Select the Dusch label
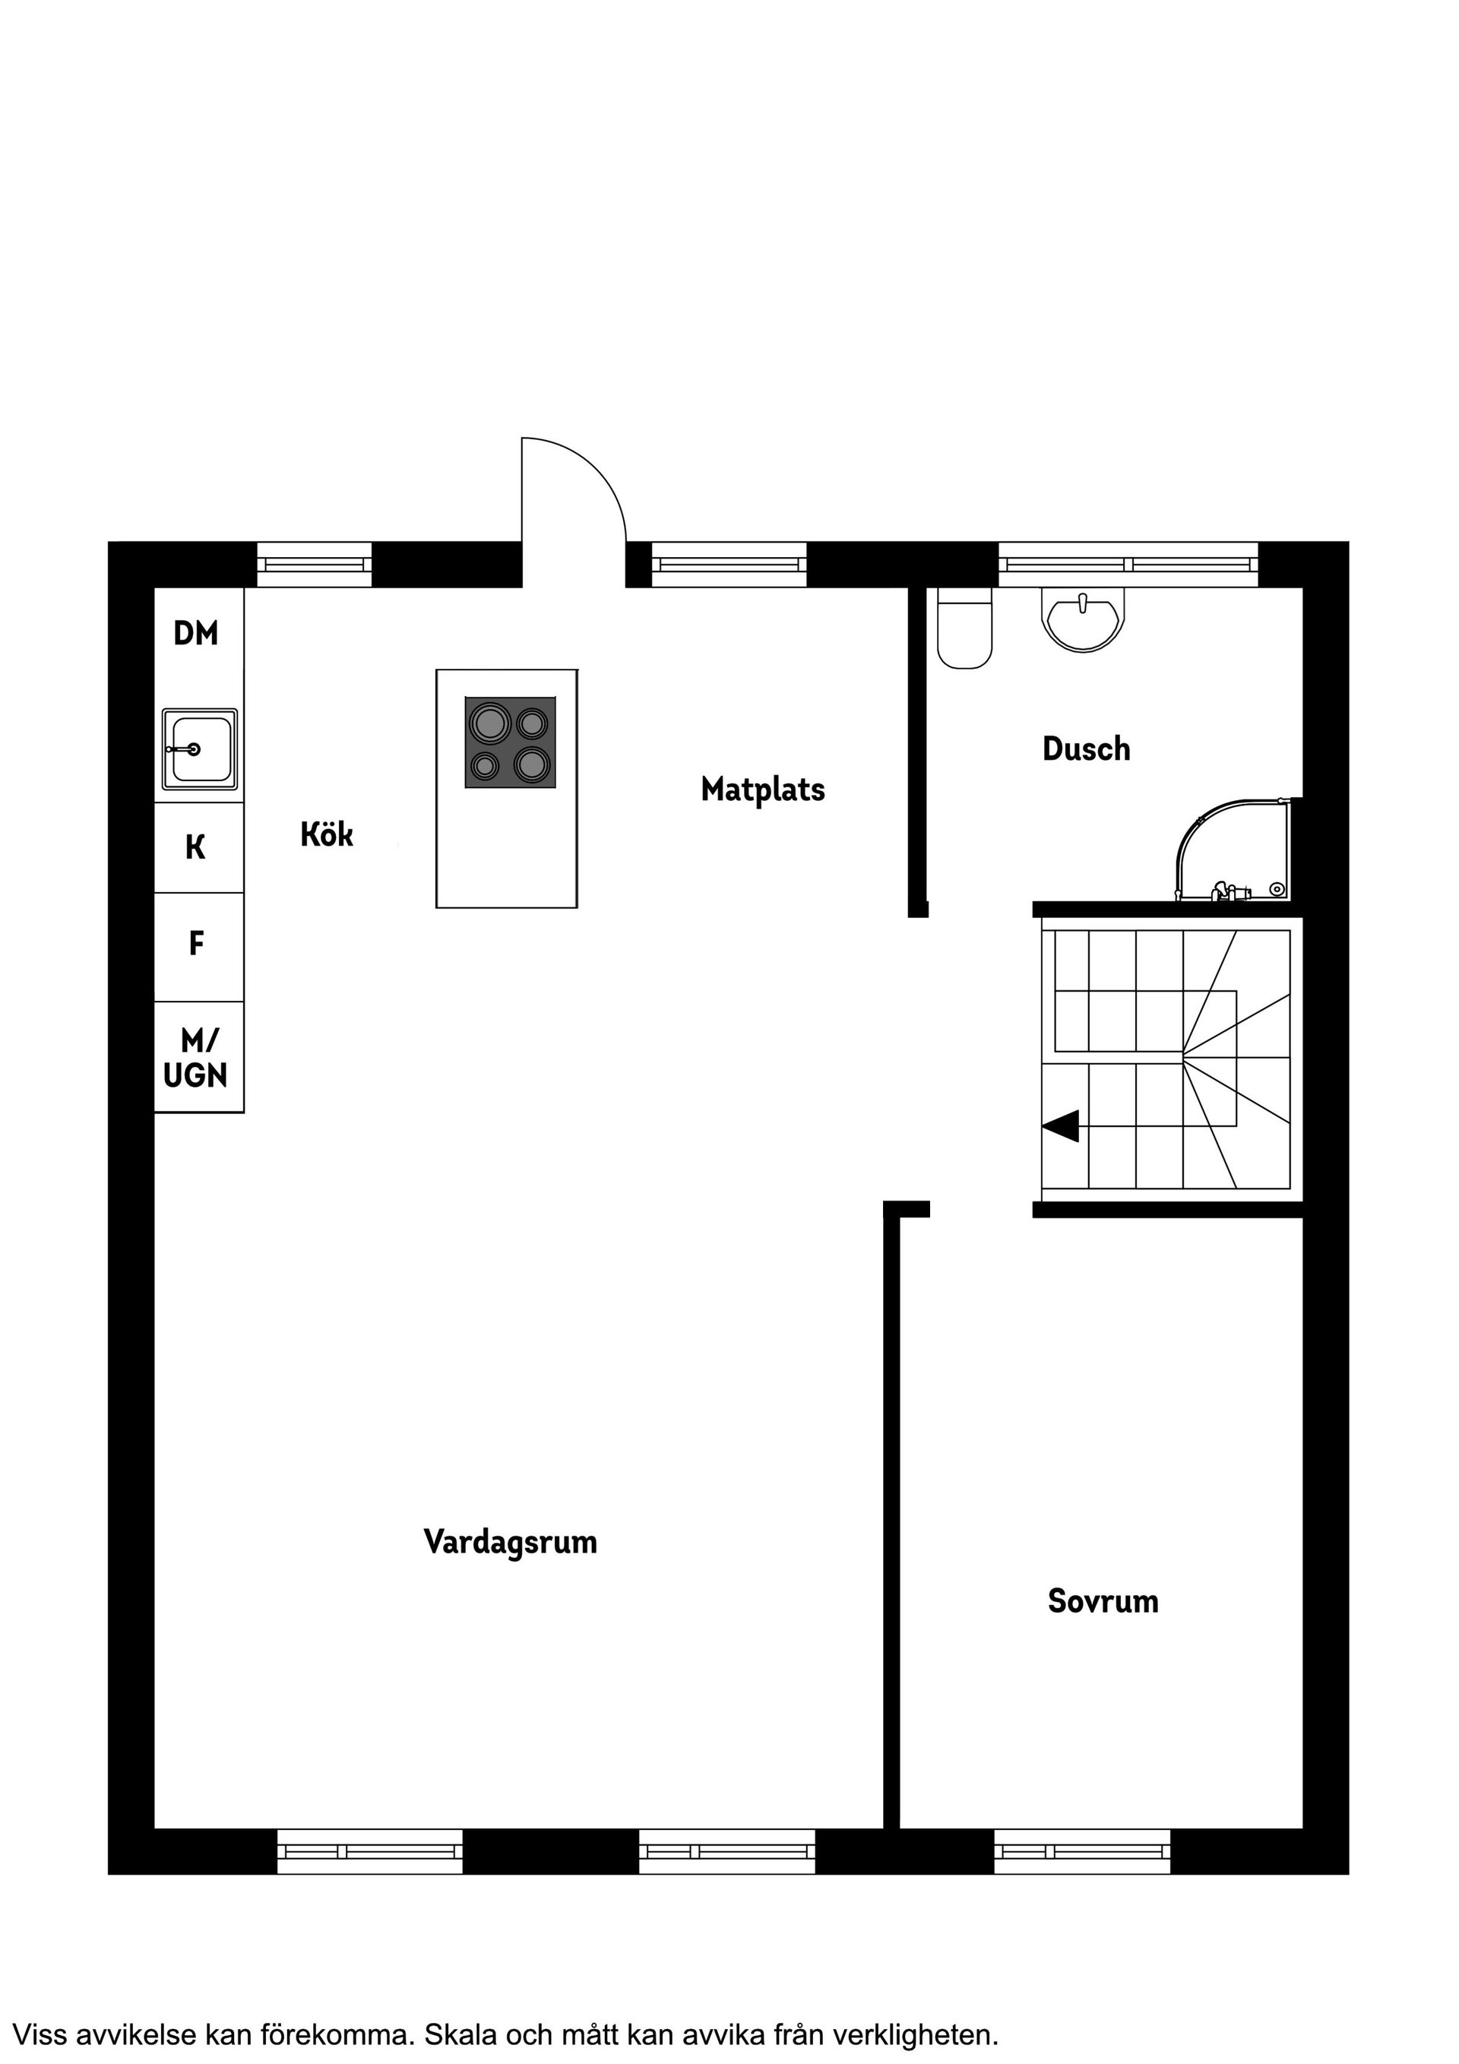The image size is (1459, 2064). coord(1086,748)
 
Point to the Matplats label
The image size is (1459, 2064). coord(762,790)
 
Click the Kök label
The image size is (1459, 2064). coord(326,834)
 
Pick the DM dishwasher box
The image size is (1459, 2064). coord(196,634)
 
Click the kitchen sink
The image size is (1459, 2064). coord(200,748)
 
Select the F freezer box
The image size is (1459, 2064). coord(197,945)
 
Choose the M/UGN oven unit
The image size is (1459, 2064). coord(197,1057)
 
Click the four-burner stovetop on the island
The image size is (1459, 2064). coord(510,742)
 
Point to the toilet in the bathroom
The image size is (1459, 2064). coord(964,628)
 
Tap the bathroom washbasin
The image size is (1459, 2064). coord(1084,619)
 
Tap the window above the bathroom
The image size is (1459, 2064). coord(1128,565)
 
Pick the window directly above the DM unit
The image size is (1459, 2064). coord(315,565)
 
